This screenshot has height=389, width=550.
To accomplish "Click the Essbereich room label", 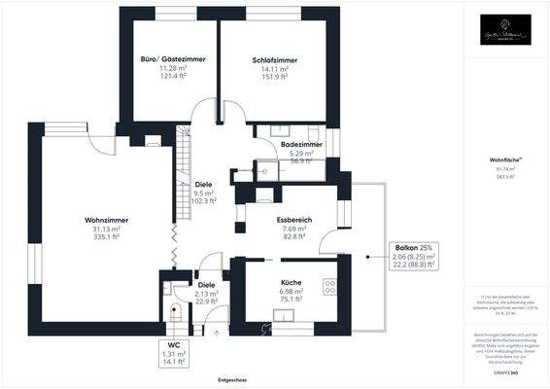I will pyautogui.click(x=293, y=220).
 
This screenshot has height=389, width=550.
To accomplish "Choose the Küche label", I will pyautogui.click(x=290, y=282).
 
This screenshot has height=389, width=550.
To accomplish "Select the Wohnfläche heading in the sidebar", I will pyautogui.click(x=504, y=158).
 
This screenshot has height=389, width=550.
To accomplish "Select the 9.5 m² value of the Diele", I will pyautogui.click(x=203, y=193).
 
